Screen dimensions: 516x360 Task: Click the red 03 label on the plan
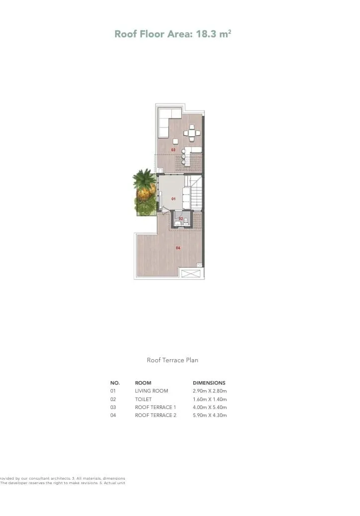point(173,149)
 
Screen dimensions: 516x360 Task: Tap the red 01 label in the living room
point(173,199)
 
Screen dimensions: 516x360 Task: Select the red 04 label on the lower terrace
point(178,247)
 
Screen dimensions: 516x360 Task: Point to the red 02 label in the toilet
point(181,218)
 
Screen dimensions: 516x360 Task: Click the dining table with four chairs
point(192,133)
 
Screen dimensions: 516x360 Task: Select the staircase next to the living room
point(197,193)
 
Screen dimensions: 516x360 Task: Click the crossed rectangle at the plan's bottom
point(190,273)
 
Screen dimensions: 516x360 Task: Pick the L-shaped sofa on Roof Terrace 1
point(166,120)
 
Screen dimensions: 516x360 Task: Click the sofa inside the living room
point(186,197)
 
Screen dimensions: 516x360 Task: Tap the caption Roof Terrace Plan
point(172,360)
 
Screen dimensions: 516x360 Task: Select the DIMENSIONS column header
point(209,383)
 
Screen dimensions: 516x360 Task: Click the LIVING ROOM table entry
point(151,391)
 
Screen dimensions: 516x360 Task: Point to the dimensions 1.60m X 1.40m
point(209,399)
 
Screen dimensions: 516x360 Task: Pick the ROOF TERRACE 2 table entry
point(155,415)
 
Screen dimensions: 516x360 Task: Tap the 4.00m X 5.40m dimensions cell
point(210,407)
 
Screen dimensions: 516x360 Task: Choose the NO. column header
point(115,383)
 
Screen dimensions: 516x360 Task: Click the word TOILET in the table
point(143,399)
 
